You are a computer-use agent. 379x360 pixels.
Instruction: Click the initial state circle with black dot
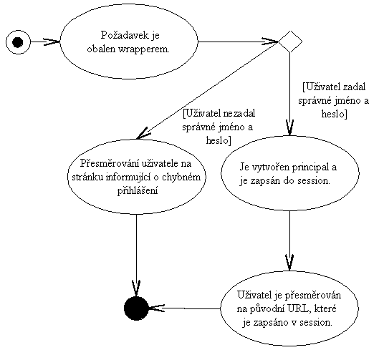tap(18, 42)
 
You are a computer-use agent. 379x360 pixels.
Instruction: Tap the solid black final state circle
tap(136, 308)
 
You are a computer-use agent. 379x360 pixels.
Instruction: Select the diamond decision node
tap(290, 42)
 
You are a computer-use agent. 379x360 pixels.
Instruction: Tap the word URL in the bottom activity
tap(298, 308)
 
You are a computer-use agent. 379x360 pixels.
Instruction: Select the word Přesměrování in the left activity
tap(110, 163)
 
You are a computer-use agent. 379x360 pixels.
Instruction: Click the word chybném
tap(181, 177)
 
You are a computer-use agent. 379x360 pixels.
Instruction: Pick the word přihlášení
tap(138, 191)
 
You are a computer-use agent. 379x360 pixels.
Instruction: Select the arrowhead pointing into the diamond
tap(270, 42)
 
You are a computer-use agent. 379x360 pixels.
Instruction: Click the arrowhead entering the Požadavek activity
tap(52, 42)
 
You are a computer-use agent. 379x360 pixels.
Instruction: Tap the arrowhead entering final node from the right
tap(157, 308)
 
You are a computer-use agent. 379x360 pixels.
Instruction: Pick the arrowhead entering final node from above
tap(136, 288)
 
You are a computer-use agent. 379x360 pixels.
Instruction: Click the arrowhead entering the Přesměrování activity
tap(143, 134)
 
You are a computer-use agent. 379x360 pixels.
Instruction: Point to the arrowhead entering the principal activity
tap(290, 127)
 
